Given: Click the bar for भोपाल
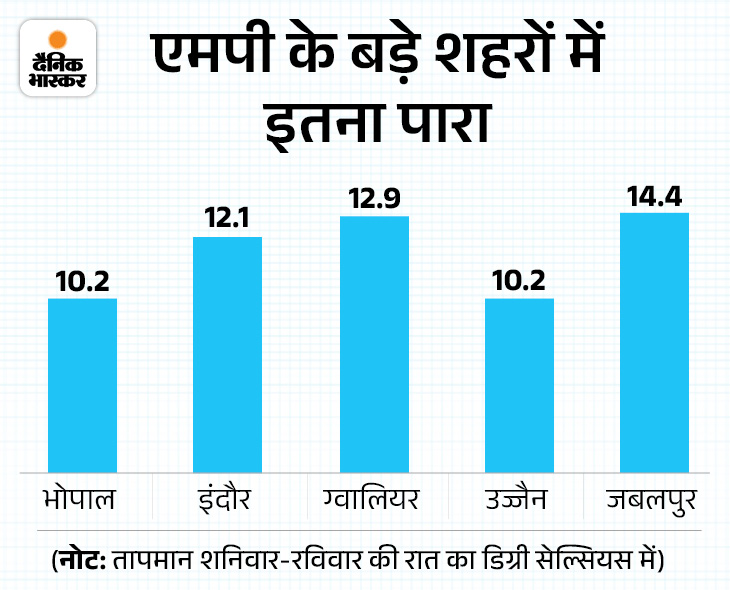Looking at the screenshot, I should pos(83,384).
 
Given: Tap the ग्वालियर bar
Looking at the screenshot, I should pos(375,343).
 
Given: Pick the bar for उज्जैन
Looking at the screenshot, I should pos(519,384).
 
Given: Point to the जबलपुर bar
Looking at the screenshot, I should pos(655,342).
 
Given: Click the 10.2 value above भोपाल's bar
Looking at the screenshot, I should pos(83,282).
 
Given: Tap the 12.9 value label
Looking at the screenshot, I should pos(375,199).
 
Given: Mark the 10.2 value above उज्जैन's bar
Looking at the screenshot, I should pos(519,282).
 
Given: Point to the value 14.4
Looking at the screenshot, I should pos(655,196).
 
